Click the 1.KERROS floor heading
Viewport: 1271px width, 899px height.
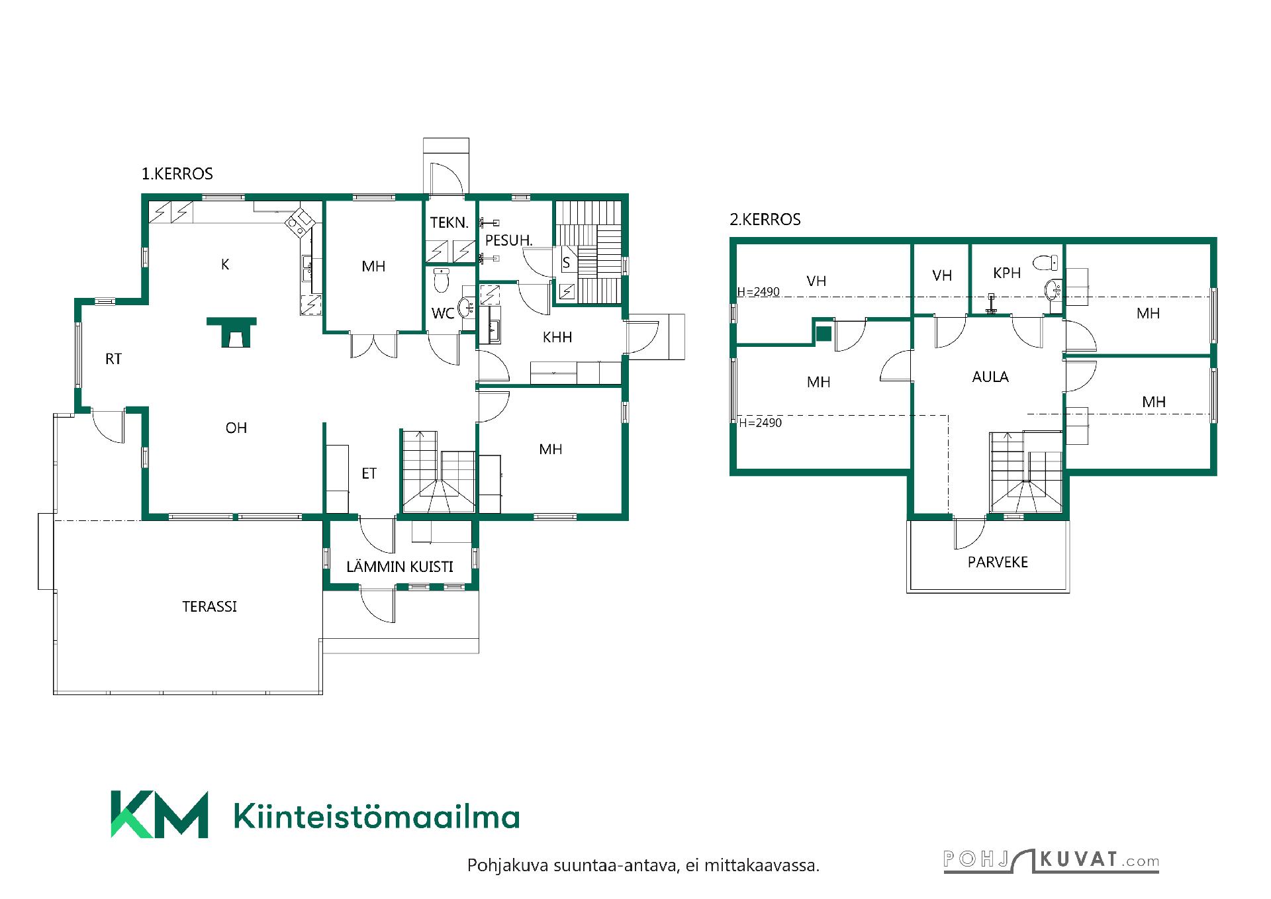[x=177, y=174]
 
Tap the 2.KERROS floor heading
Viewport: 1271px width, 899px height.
[x=765, y=220]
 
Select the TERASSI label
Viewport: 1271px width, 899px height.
[x=210, y=606]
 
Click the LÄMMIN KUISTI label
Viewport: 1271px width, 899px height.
[x=400, y=567]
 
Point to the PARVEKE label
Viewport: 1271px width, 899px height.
[x=998, y=563]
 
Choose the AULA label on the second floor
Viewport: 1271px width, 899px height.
[x=990, y=377]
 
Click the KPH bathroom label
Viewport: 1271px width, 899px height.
[x=1007, y=273]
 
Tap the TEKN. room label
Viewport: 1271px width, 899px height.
[x=449, y=222]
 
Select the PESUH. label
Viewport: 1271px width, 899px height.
[x=509, y=240]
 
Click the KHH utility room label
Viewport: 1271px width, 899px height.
[x=557, y=338]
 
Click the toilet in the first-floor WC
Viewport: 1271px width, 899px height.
[x=441, y=281]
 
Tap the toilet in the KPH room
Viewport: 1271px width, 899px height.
[x=1043, y=262]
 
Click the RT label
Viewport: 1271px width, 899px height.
[x=113, y=359]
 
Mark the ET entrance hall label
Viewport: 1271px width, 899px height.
[x=369, y=474]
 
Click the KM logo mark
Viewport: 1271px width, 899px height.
[x=159, y=814]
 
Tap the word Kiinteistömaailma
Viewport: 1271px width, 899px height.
[x=377, y=817]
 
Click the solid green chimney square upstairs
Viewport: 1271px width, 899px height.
[x=823, y=334]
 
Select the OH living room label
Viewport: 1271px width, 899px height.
[x=236, y=428]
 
